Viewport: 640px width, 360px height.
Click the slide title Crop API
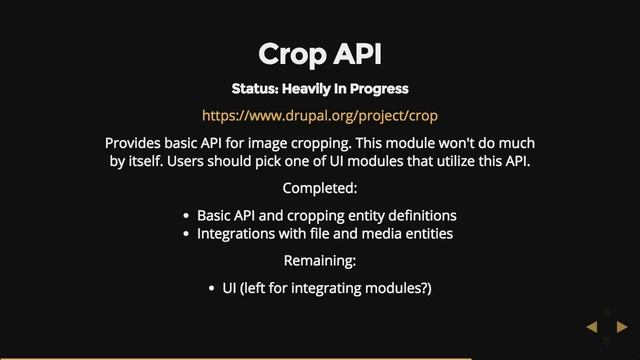[x=319, y=53]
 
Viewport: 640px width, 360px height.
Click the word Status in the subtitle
[x=254, y=89]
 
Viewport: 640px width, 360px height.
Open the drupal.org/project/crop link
[x=319, y=115]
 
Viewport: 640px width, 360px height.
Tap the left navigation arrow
[x=591, y=326]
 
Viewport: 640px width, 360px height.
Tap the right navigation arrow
[x=621, y=326]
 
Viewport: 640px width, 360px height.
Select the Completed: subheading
[x=319, y=188]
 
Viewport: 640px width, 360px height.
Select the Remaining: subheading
[x=319, y=261]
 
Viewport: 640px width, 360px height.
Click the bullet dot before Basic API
[x=187, y=216]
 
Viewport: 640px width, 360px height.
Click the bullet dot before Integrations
[x=187, y=234]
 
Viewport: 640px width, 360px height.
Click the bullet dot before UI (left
[x=212, y=289]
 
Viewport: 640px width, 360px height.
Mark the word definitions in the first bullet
[x=420, y=216]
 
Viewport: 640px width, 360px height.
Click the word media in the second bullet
[x=372, y=234]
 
